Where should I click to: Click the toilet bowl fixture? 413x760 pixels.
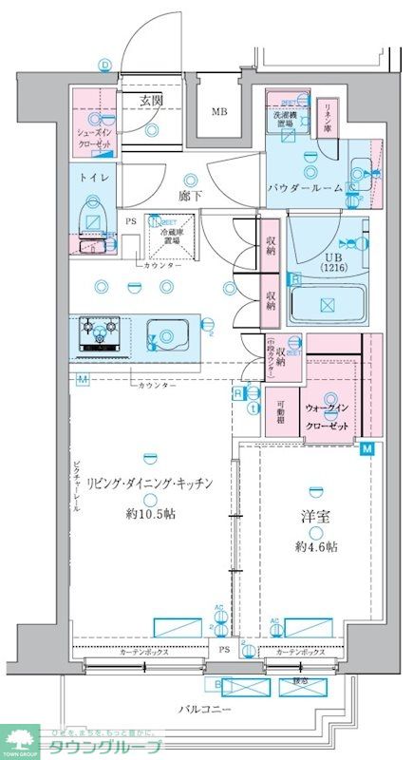coord(93,215)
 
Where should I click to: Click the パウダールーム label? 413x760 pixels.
coord(304,189)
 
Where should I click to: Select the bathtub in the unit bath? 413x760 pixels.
coord(327,305)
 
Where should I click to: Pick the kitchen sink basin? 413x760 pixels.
coord(168,334)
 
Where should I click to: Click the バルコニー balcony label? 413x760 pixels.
coord(204,709)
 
